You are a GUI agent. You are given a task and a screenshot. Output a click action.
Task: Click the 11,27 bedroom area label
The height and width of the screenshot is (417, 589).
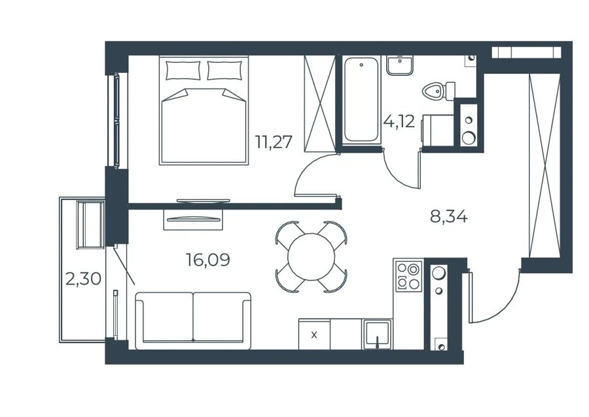(274, 143)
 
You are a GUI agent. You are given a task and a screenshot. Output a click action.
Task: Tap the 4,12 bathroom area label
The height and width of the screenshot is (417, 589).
(399, 122)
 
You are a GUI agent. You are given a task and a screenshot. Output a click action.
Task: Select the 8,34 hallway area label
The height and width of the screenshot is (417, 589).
(449, 217)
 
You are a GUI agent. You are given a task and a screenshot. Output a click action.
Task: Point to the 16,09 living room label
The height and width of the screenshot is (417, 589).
(208, 260)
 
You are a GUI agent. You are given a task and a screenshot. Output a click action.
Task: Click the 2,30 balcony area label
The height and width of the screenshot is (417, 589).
(83, 279)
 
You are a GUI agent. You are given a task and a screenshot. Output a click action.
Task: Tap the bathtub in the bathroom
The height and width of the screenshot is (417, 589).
(361, 99)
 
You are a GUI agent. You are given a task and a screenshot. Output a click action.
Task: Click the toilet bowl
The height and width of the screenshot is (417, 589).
(438, 91)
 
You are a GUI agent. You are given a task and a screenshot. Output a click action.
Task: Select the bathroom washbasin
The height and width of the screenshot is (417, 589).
(400, 65)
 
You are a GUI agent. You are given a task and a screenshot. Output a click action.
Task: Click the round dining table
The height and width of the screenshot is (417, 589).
(311, 256)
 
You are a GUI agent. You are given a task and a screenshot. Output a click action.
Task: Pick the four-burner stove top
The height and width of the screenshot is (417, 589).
(408, 275)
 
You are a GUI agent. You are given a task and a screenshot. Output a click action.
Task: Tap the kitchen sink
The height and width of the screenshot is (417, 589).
(377, 334)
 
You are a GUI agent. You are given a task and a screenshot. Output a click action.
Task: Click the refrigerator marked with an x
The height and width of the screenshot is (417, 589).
(314, 334)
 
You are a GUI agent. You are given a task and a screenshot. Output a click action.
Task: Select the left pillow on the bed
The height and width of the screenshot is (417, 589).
(183, 70)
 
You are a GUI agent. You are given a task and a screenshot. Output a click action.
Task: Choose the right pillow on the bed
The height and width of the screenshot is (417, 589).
(224, 70)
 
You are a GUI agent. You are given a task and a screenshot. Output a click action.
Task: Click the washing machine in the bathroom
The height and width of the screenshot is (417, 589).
(438, 130)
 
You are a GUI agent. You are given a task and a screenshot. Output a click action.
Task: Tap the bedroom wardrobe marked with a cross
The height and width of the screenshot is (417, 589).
(319, 104)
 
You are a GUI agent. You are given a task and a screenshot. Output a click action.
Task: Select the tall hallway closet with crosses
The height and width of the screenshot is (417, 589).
(544, 166)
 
